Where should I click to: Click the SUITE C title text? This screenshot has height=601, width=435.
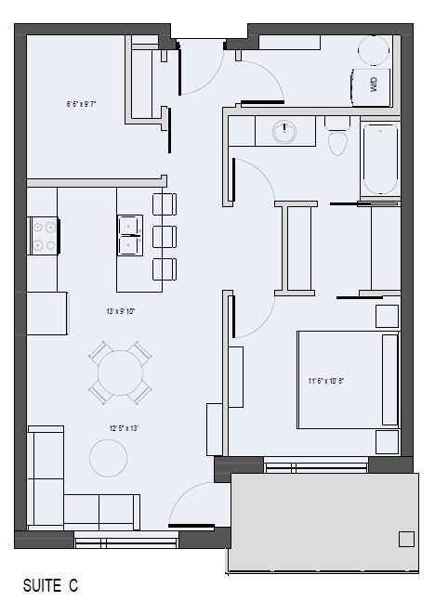click(50, 585)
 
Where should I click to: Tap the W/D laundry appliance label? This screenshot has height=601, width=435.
click(374, 85)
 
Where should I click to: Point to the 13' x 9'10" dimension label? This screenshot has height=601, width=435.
click(121, 312)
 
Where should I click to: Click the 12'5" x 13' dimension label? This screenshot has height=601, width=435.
click(122, 428)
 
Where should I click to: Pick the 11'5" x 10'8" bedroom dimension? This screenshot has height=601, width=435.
click(328, 380)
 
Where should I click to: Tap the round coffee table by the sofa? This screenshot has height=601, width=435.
click(108, 457)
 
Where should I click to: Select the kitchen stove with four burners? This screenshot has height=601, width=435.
click(44, 235)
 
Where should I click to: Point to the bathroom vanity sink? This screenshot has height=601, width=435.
click(284, 132)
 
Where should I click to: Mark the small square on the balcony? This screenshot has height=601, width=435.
click(406, 539)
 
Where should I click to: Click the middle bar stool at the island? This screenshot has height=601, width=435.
click(164, 236)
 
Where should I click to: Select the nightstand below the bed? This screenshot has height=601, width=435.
click(387, 441)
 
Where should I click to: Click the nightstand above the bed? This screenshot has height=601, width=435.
click(387, 316)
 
